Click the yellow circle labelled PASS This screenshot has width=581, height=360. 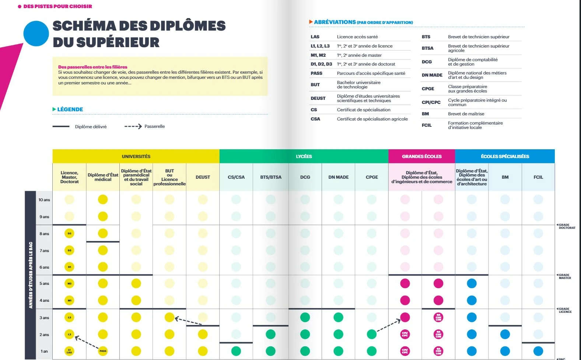pos(103,351)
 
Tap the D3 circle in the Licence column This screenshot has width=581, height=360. pos(69,233)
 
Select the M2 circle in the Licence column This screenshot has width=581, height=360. pos(69,283)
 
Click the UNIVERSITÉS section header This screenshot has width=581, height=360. pos(136,156)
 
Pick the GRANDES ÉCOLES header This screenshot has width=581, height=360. pos(421,156)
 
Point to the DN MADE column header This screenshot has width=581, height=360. pos(338,177)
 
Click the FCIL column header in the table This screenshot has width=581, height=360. pos(538,177)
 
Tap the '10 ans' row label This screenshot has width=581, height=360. pos(44,200)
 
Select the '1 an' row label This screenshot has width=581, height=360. pos(44,351)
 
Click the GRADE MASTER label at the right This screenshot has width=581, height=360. pos(564,276)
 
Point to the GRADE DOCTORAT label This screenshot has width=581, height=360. pos(566,226)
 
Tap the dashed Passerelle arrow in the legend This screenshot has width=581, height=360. pos(133,126)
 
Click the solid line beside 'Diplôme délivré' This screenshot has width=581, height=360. pos(61,126)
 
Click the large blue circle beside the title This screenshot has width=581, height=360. pos(36,34)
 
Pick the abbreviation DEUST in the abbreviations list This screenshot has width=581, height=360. pos(318,98)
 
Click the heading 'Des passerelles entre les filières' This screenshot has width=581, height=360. pos(92,67)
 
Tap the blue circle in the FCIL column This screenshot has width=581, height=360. pos(538,351)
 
